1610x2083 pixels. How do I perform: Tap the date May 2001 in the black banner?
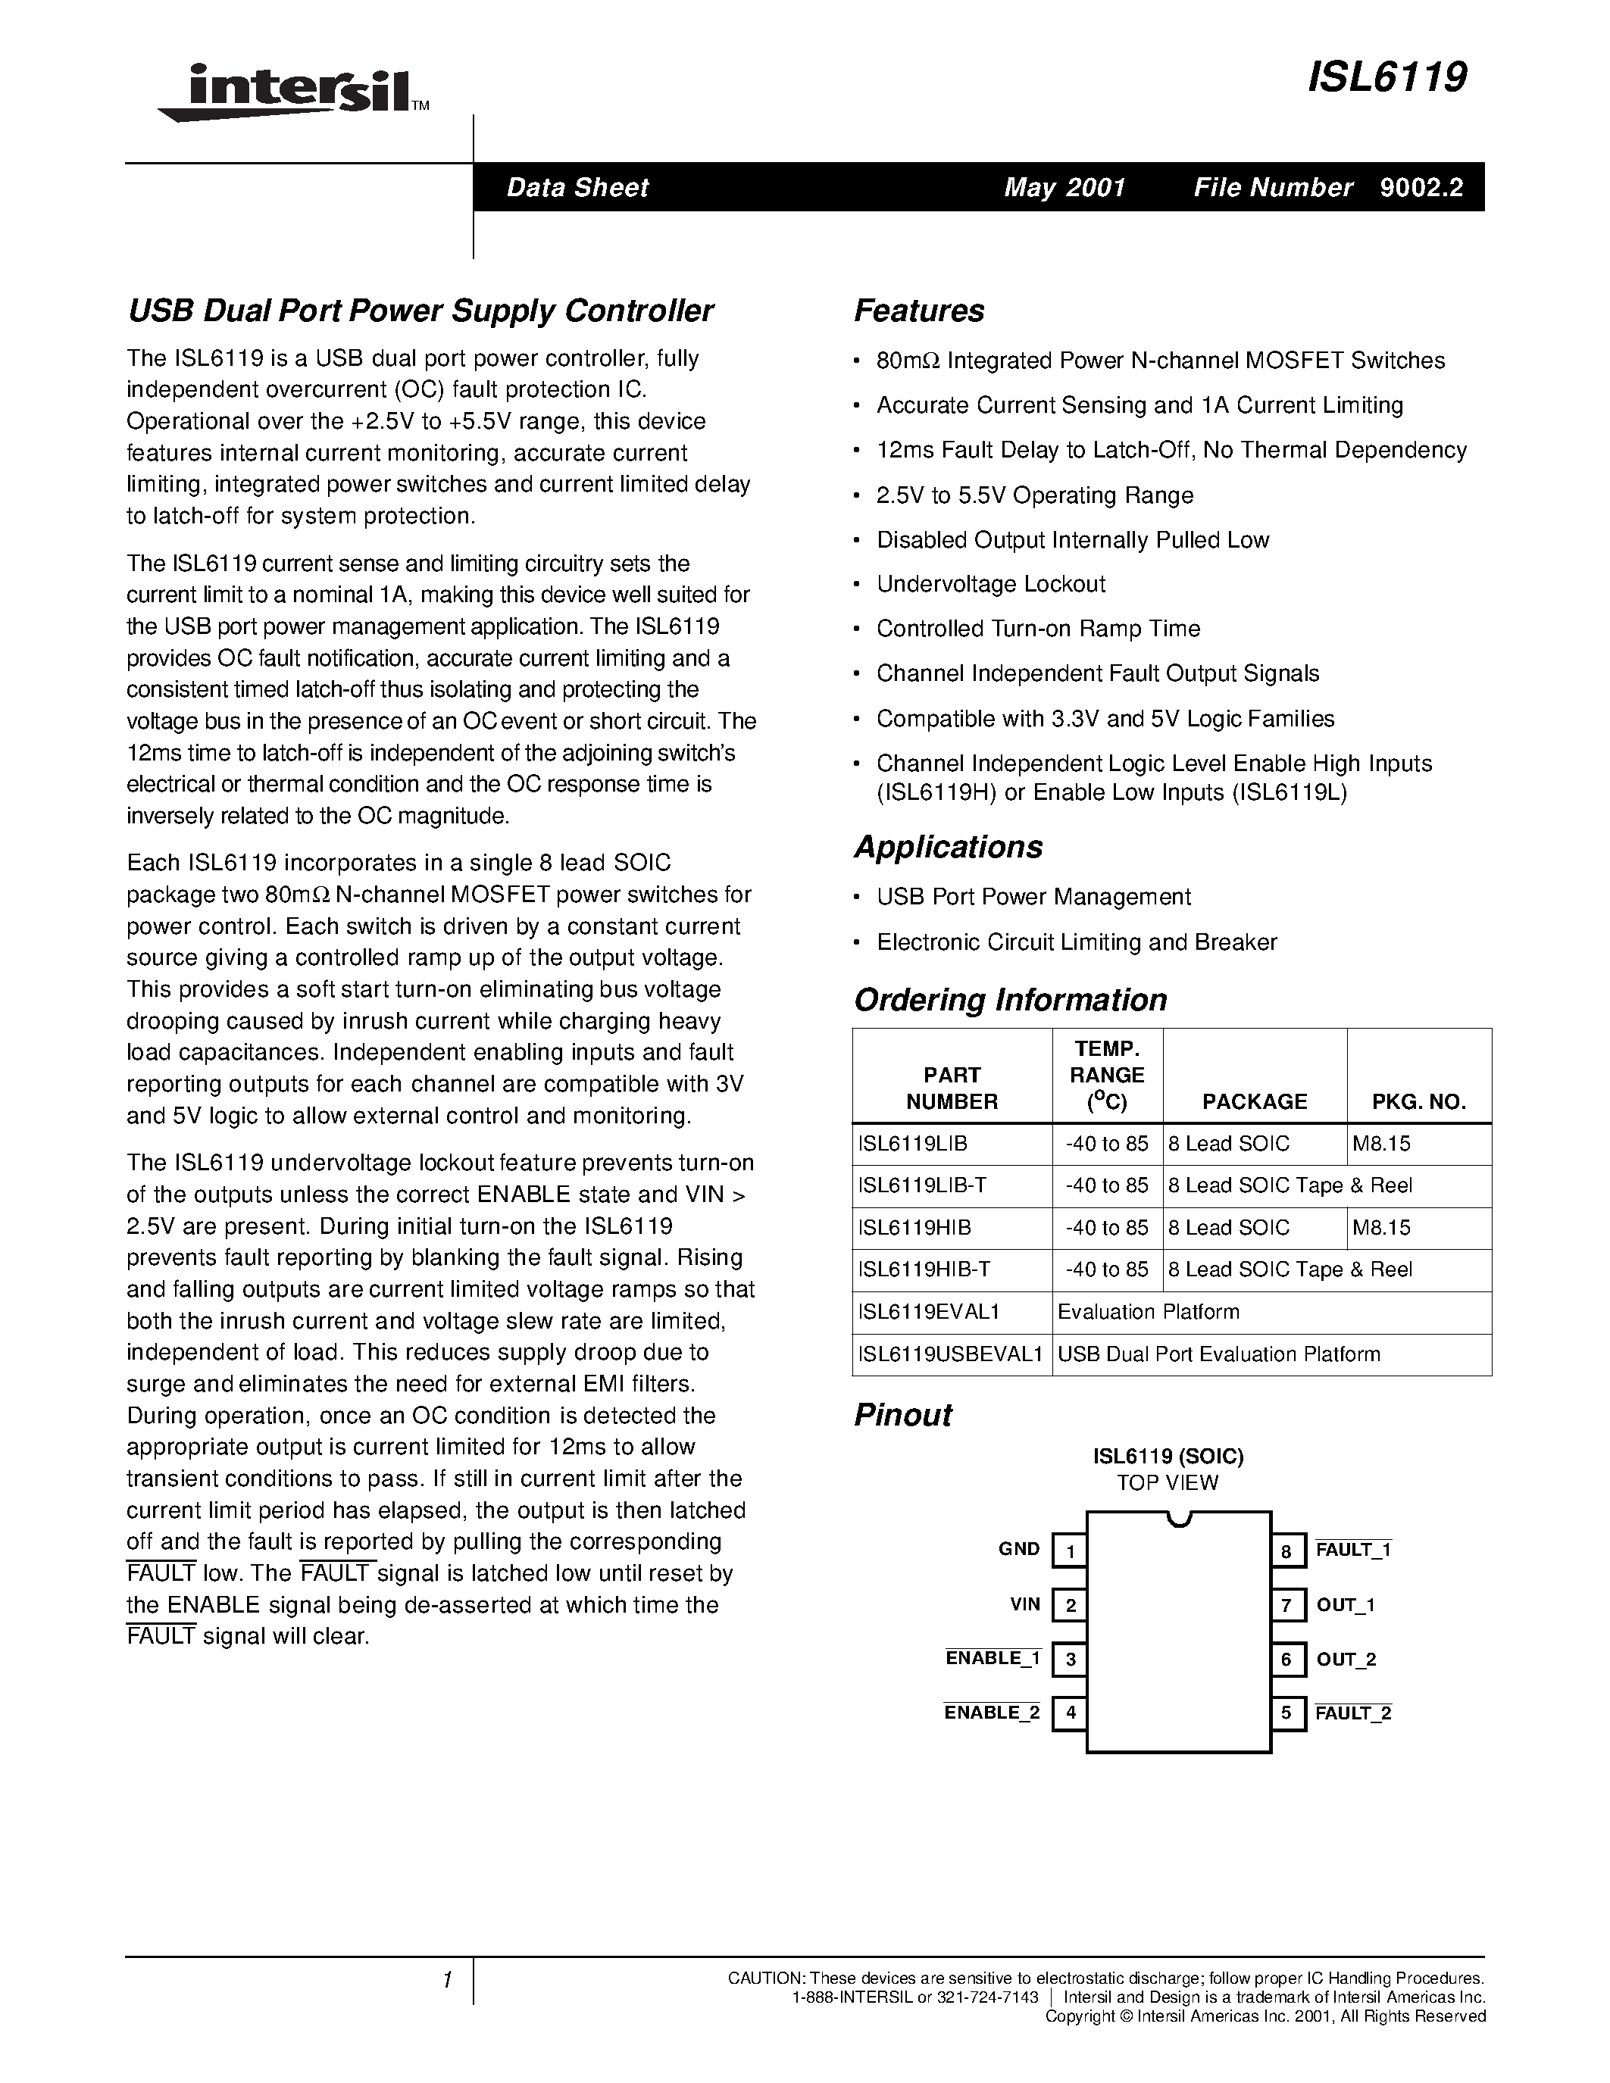[x=1064, y=187]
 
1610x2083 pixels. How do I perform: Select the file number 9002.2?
[x=1421, y=187]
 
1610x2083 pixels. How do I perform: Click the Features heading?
[x=918, y=311]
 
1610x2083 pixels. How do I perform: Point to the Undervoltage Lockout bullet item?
[x=990, y=584]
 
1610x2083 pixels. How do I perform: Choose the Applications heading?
[x=948, y=847]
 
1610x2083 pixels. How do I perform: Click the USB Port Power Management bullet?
[x=1033, y=897]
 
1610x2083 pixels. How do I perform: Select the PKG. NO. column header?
[x=1418, y=1101]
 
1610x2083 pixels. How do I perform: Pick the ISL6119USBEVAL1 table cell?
[x=951, y=1354]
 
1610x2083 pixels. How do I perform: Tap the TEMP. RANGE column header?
[x=1106, y=1075]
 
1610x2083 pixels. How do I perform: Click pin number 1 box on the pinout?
[x=1070, y=1551]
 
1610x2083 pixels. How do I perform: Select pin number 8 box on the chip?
[x=1286, y=1551]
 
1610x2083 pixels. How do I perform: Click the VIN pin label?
[x=1025, y=1605]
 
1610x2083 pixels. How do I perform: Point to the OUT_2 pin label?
[x=1346, y=1660]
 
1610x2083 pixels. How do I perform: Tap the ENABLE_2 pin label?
[x=992, y=1713]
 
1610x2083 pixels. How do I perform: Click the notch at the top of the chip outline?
[x=1179, y=1519]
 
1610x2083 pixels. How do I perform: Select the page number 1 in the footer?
[x=446, y=1981]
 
